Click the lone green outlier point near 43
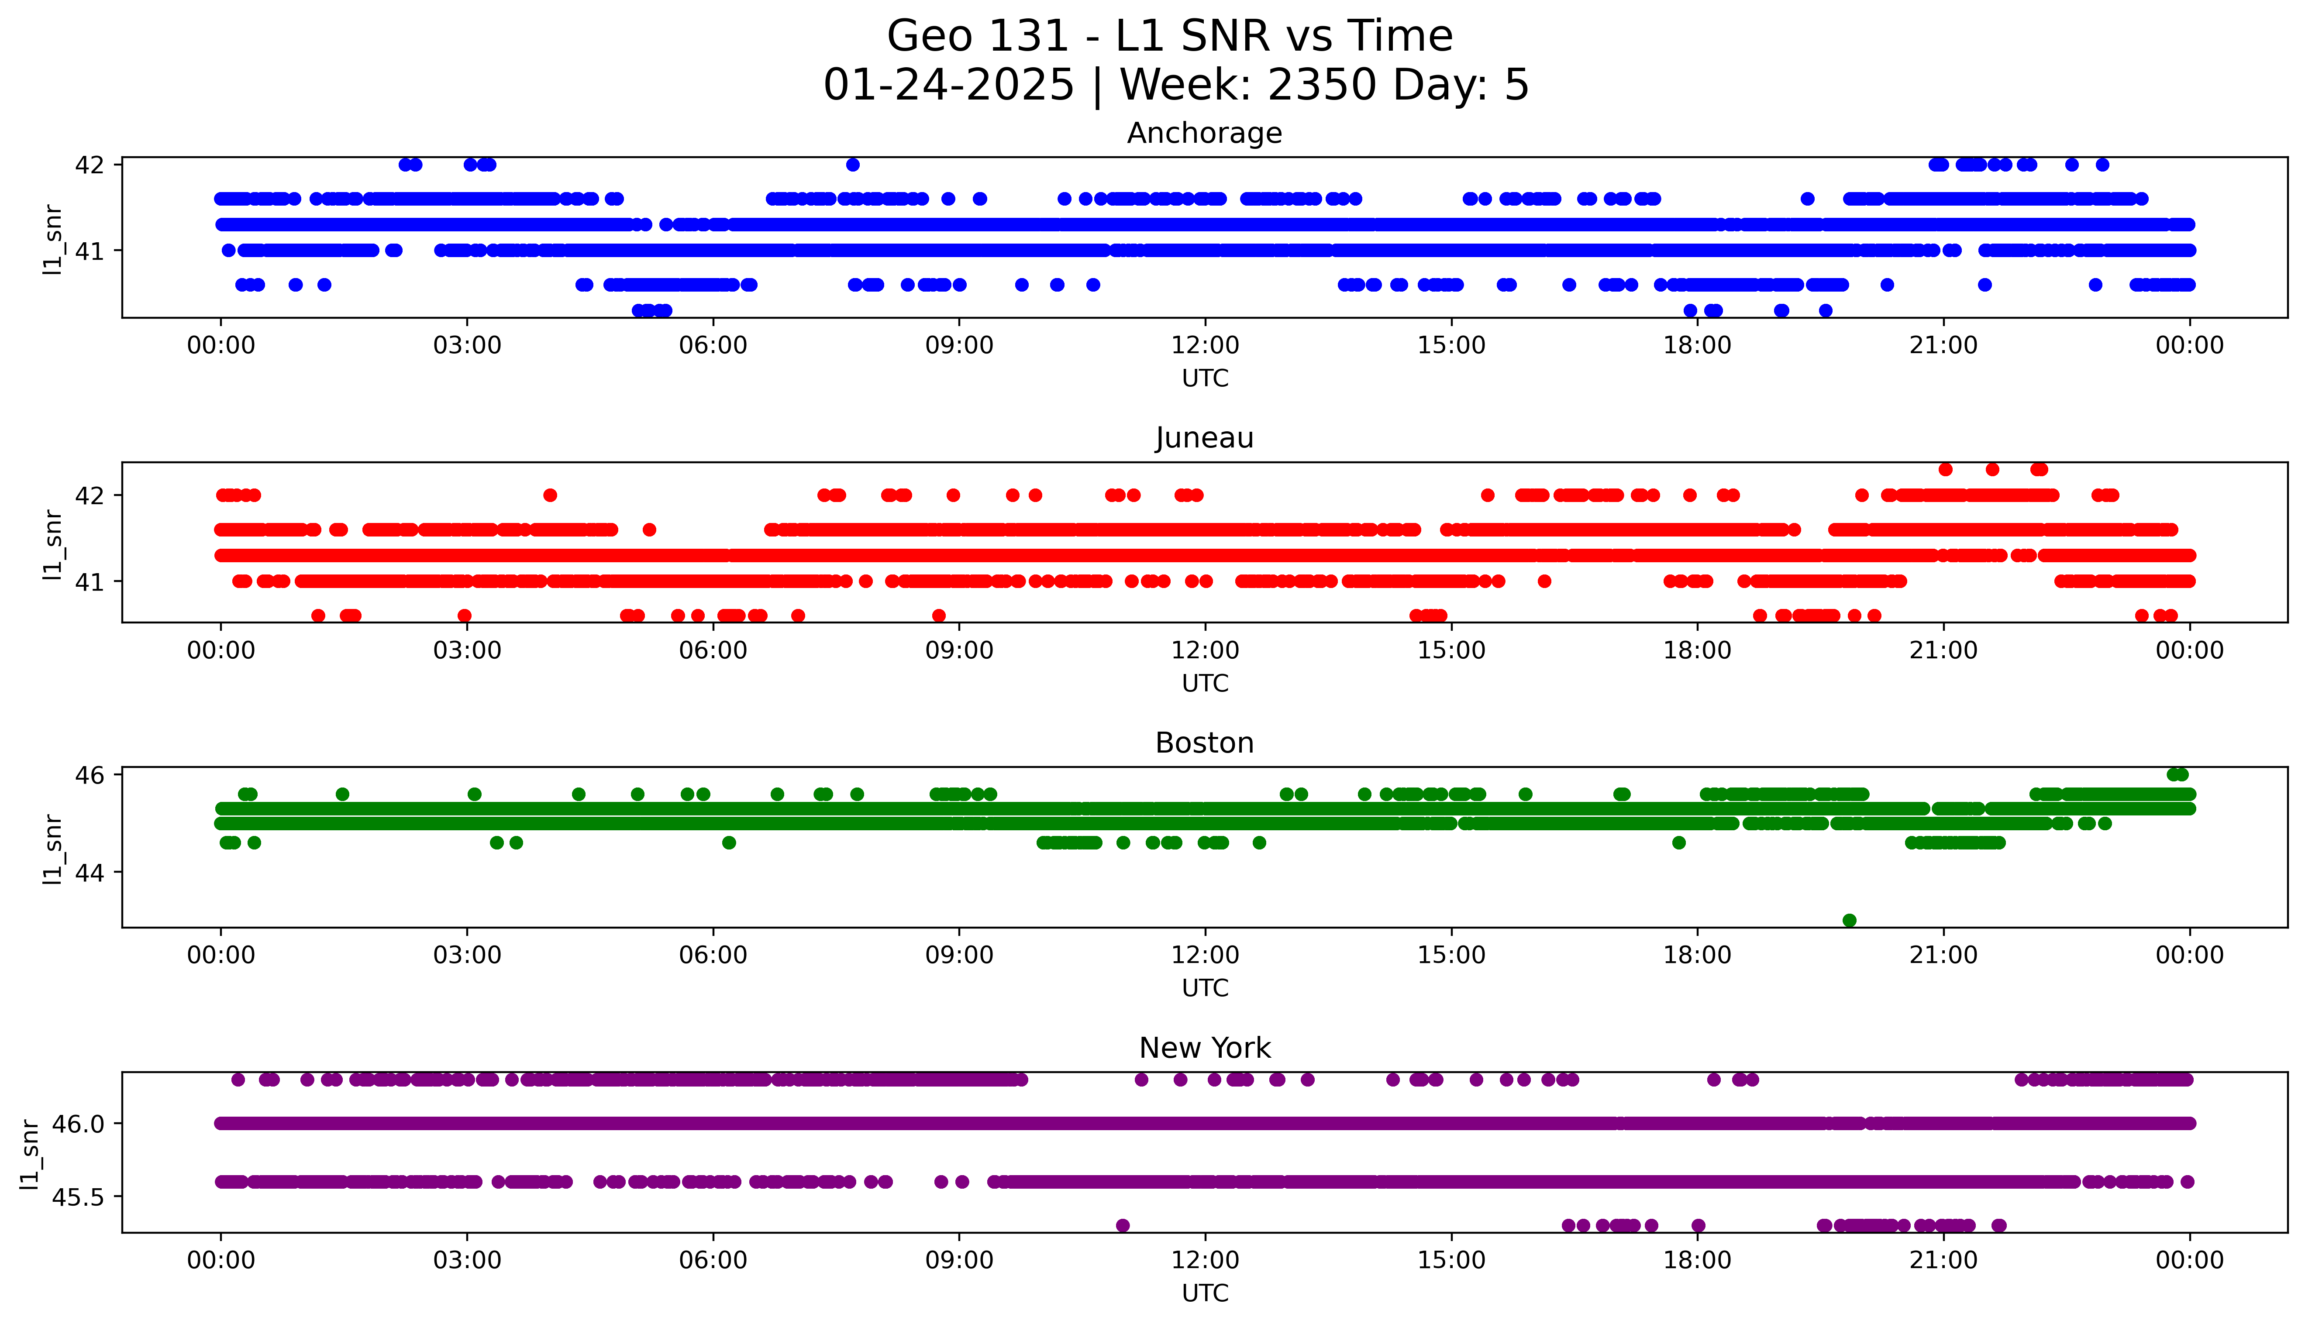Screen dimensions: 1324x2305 (1849, 920)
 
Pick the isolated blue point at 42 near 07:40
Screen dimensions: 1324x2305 (852, 165)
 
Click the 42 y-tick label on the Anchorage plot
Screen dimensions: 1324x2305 (90, 165)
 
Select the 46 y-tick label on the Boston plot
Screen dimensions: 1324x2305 (90, 775)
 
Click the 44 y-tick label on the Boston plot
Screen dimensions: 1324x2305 (90, 872)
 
